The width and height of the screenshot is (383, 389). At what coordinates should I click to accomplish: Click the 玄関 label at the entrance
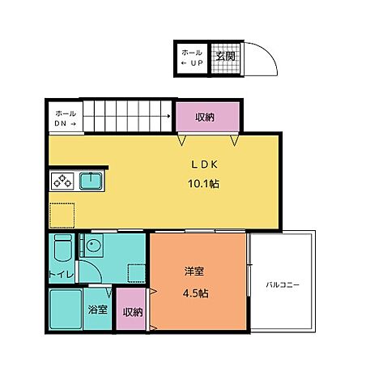click(225, 56)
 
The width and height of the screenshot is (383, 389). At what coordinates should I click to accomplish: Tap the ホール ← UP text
click(192, 57)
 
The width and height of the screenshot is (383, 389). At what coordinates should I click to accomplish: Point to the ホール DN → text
click(65, 118)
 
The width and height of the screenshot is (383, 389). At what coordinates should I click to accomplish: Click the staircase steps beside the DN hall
click(129, 116)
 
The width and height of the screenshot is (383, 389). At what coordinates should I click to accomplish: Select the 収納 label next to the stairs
click(205, 118)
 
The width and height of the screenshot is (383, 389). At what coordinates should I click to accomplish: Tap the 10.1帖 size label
click(203, 183)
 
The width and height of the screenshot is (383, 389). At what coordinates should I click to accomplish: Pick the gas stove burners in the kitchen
click(62, 181)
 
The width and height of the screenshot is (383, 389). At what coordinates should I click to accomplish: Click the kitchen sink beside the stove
click(90, 180)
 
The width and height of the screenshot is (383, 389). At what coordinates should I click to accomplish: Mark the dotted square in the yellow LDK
click(62, 215)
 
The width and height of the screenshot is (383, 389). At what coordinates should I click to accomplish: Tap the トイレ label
click(62, 275)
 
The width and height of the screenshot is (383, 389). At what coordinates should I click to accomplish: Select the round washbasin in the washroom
click(93, 246)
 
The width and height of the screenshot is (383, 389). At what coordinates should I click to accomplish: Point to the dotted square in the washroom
click(135, 273)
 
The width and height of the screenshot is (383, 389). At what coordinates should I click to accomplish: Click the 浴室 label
click(97, 310)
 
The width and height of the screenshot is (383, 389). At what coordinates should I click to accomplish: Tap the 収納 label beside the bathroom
click(133, 312)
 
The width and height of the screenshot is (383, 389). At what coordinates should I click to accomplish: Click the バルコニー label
click(283, 285)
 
